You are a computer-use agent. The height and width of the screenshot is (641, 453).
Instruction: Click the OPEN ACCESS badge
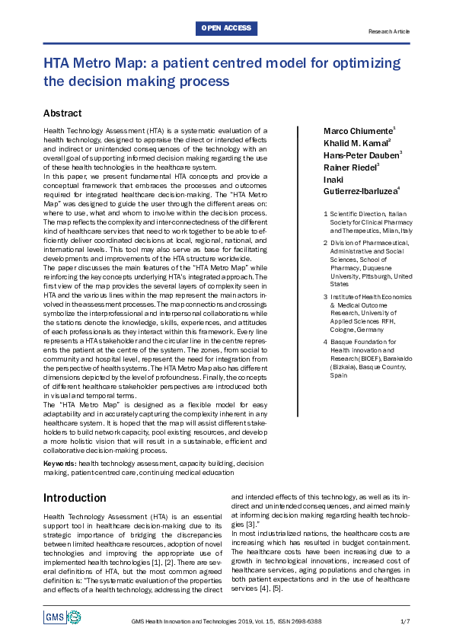[x=226, y=28]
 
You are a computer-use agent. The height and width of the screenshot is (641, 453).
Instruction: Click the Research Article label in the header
[x=388, y=32]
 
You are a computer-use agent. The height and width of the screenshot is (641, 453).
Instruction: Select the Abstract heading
[x=62, y=113]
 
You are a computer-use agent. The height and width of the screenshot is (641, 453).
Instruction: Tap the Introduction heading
[x=75, y=498]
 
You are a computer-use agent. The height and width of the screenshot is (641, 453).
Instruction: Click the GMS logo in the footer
[x=55, y=617]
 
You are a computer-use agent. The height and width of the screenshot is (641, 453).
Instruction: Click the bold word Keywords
[x=60, y=463]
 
